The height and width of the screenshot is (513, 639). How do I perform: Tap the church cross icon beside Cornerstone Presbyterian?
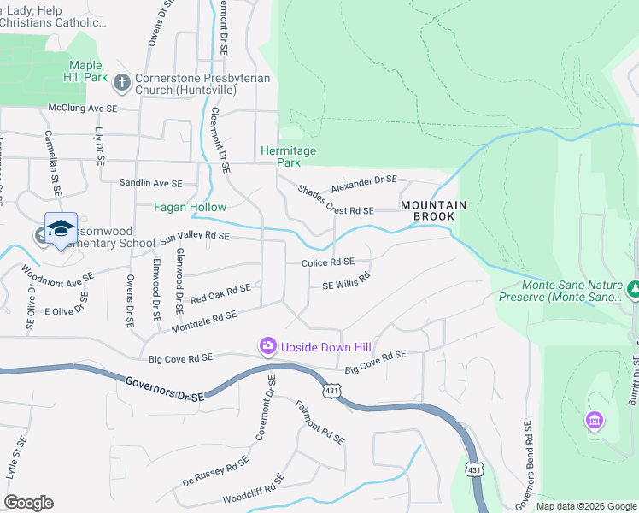122,83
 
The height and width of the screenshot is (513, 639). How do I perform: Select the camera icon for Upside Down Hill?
268,345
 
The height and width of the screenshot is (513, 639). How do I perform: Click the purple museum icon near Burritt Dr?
594,421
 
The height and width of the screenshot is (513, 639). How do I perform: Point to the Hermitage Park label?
288,156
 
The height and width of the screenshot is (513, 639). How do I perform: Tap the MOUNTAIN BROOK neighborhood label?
434,211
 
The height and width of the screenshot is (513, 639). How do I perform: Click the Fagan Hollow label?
190,207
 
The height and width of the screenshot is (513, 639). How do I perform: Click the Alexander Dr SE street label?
364,180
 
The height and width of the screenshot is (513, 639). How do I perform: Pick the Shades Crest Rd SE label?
336,200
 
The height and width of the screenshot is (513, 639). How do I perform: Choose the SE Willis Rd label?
345,281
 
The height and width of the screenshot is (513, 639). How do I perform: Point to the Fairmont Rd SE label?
319,422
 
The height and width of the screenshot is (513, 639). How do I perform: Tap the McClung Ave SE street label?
82,109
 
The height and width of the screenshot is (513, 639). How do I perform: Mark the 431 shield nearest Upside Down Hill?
332,390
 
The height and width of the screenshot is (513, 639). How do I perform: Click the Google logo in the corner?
28,503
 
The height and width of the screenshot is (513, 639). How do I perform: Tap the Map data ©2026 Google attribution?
585,506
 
